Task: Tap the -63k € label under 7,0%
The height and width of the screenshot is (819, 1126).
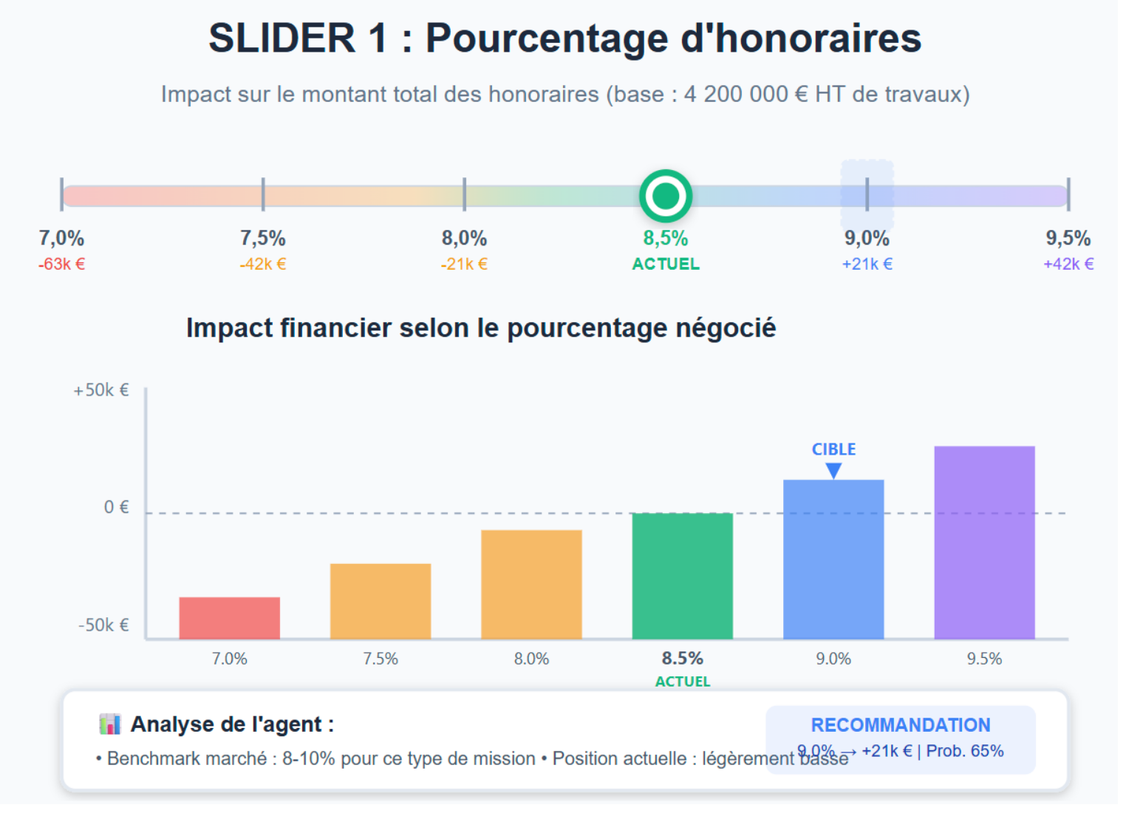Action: click(x=61, y=264)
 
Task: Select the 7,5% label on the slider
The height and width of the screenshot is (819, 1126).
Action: click(x=262, y=238)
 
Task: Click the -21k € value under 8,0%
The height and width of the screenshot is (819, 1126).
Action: click(x=464, y=264)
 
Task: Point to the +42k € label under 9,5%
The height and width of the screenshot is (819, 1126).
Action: click(x=1068, y=264)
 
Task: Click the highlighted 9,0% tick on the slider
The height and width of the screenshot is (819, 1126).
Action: click(x=867, y=194)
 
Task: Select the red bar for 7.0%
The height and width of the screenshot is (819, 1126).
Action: click(x=229, y=618)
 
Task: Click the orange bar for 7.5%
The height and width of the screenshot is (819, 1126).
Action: click(x=380, y=601)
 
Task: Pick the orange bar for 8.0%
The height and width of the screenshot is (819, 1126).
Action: click(x=531, y=584)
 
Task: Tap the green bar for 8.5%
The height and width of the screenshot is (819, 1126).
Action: click(x=682, y=575)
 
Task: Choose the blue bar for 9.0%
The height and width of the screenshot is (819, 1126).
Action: click(x=833, y=559)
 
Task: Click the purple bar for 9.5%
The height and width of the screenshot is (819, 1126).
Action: click(x=984, y=542)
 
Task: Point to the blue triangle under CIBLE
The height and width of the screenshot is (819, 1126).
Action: click(x=833, y=470)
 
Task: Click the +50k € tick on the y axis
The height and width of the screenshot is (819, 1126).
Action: click(x=101, y=390)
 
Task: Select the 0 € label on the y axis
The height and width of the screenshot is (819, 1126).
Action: click(x=116, y=507)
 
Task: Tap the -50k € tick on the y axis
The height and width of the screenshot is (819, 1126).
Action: click(x=103, y=625)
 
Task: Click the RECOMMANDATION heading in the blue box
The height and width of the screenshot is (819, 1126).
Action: click(x=900, y=725)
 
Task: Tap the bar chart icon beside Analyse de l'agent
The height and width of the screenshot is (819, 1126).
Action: click(x=109, y=724)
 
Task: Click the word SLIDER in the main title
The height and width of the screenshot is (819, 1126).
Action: click(x=281, y=38)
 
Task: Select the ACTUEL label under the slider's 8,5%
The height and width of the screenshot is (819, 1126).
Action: click(x=665, y=264)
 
